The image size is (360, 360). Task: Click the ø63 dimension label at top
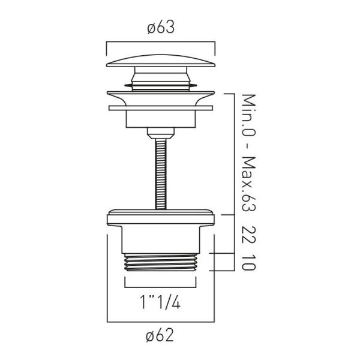tap(161, 28)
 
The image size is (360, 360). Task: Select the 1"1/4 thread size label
tap(160, 302)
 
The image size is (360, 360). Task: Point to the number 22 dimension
tap(249, 235)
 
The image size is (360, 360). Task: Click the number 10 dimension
tap(249, 262)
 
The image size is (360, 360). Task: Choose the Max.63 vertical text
tap(249, 184)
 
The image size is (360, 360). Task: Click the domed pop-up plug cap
tap(161, 61)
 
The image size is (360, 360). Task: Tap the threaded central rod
tap(161, 174)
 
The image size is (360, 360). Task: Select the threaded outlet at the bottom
tap(160, 262)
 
